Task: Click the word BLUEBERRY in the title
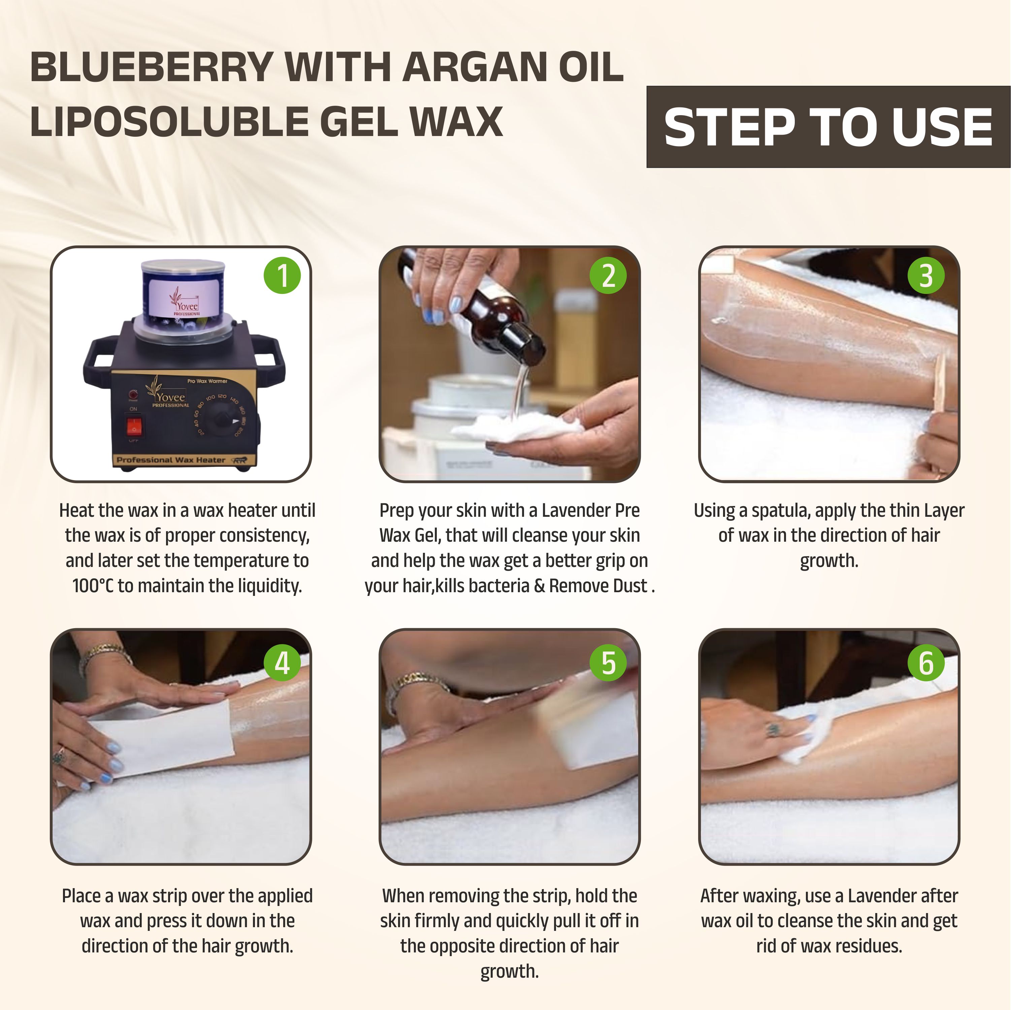point(151,67)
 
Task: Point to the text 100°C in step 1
point(93,586)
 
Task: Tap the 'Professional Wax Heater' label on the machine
point(171,460)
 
